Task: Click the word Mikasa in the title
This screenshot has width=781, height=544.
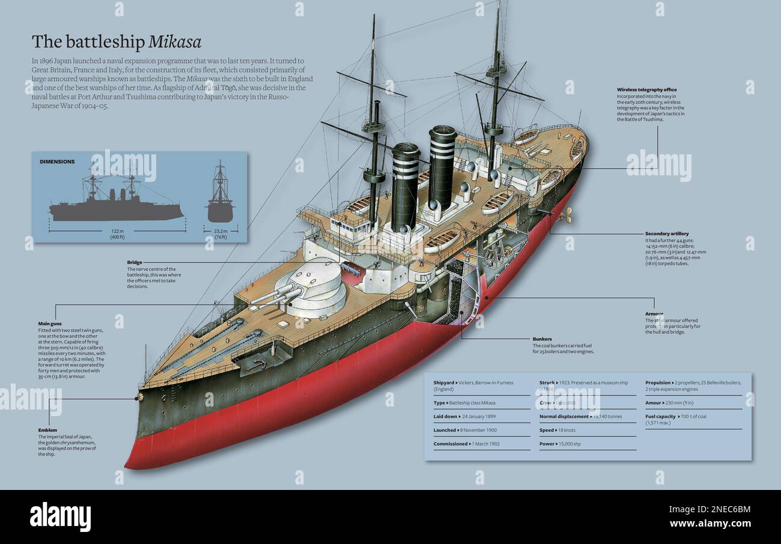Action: [175, 41]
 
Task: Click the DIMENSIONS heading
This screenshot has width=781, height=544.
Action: [57, 162]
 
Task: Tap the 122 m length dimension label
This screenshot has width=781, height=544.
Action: [117, 231]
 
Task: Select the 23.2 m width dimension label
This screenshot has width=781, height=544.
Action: [220, 231]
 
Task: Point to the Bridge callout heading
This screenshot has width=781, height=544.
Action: [135, 262]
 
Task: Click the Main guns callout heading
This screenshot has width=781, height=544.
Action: [50, 323]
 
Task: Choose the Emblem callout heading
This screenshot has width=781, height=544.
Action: [47, 430]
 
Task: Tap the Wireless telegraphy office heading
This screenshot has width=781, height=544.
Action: [646, 89]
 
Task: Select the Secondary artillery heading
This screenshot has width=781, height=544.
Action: [667, 233]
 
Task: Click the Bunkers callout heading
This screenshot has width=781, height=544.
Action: [542, 339]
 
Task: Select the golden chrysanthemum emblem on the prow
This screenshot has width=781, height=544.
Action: [140, 397]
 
